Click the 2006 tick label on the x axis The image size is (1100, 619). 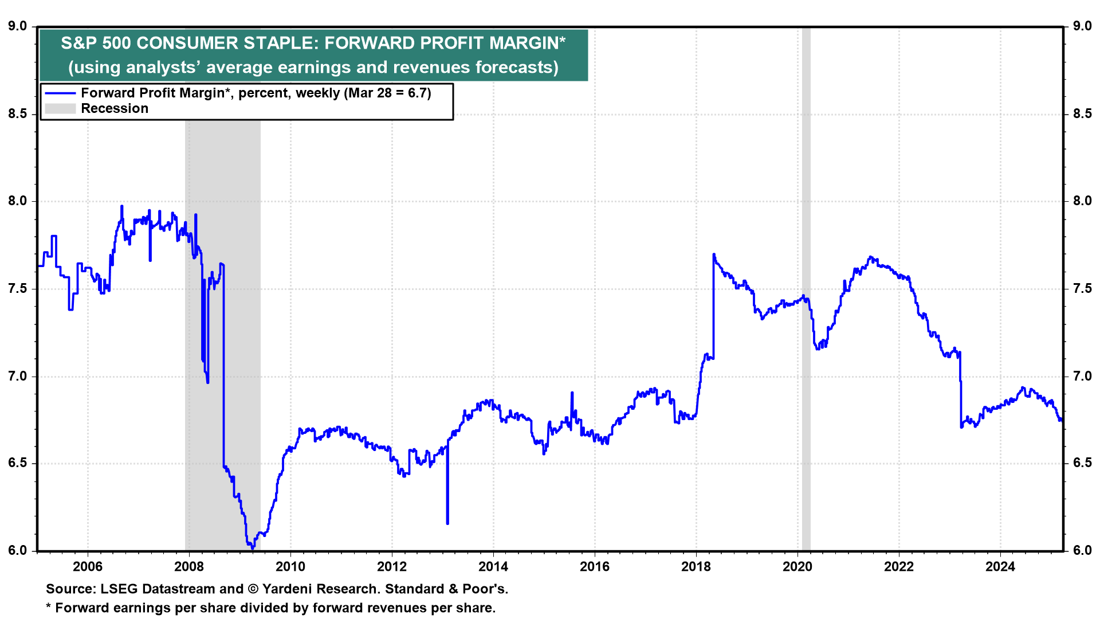88,567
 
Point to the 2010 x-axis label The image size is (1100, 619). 290,567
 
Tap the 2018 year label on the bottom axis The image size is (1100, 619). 696,567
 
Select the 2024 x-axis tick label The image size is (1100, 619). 1000,567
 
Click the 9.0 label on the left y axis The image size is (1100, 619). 17,26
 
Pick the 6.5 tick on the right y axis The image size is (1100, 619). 1082,463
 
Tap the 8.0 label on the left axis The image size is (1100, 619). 17,201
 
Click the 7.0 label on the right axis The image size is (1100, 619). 1082,377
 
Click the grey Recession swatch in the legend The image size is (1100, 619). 60,109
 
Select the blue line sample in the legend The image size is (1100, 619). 60,93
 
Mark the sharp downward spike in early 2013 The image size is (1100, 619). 447,522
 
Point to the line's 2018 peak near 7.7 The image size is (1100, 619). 714,254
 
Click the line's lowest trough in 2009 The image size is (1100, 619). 253,547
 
